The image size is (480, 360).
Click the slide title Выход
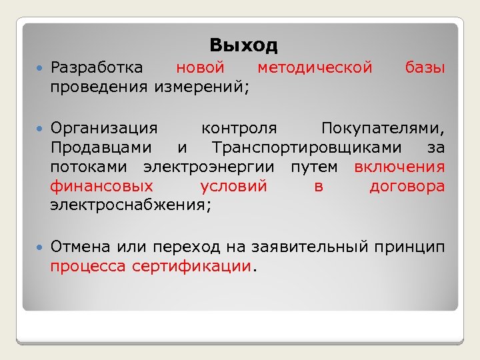click(x=243, y=45)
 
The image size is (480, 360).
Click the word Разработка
click(x=96, y=67)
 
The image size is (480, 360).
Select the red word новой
click(x=200, y=67)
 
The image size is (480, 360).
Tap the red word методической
click(x=315, y=67)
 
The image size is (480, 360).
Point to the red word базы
click(x=425, y=67)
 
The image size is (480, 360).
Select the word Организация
click(x=105, y=127)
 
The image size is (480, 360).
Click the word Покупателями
click(x=382, y=127)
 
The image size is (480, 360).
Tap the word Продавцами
click(x=101, y=147)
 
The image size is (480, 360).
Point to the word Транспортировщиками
click(x=307, y=147)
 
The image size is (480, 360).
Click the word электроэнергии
click(x=217, y=167)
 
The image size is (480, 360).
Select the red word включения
click(x=399, y=167)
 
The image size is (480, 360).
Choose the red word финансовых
click(x=101, y=186)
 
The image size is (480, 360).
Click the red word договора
click(x=407, y=186)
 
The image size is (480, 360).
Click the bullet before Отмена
click(x=41, y=247)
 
